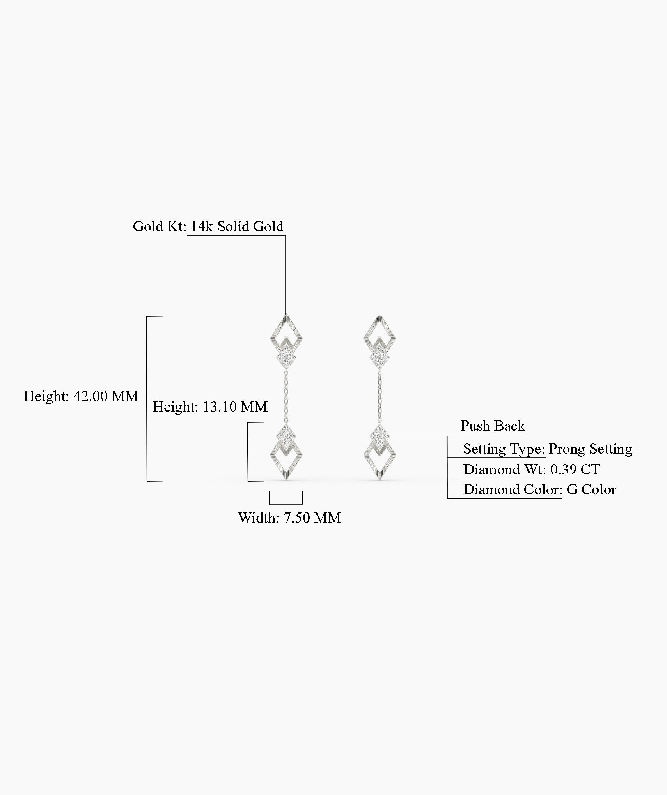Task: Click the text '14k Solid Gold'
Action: tap(237, 226)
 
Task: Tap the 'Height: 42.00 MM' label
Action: tap(81, 396)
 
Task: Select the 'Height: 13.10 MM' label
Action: tap(210, 407)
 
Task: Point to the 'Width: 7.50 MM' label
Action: tap(289, 518)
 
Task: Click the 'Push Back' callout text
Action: tap(493, 426)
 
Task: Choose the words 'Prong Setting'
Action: tap(590, 449)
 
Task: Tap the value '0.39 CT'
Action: tap(575, 470)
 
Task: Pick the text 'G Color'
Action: tap(591, 490)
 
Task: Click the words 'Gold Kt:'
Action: tap(160, 226)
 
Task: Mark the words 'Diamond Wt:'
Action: tap(504, 470)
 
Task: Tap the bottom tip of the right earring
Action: tap(380, 479)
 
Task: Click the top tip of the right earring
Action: tap(380, 316)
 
